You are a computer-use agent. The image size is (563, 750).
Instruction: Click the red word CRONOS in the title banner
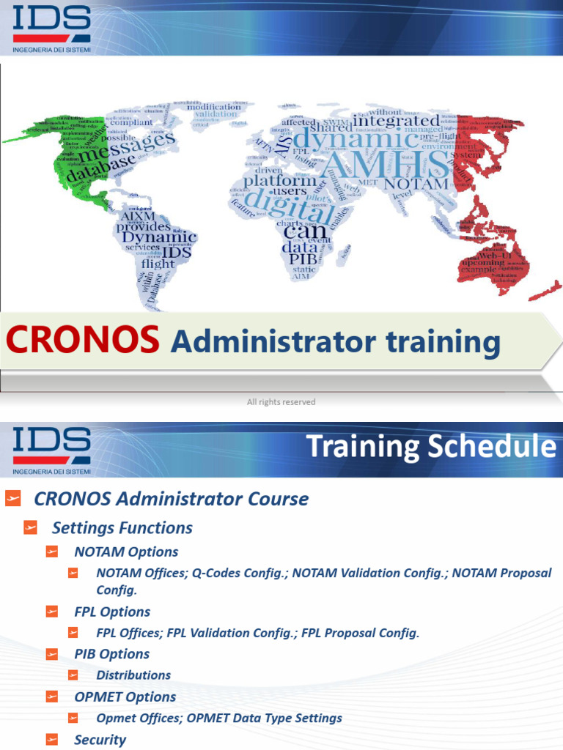(83, 340)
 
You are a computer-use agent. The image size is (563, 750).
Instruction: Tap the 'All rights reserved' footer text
(281, 401)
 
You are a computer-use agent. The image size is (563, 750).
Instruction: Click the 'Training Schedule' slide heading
(430, 447)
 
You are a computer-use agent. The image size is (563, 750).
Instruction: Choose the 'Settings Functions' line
(122, 527)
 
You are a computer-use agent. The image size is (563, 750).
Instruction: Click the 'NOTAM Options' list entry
(126, 552)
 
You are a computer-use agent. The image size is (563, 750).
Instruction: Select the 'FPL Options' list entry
(112, 612)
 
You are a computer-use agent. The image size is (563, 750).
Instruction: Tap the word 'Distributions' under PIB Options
(133, 675)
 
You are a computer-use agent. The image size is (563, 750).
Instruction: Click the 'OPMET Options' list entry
(125, 697)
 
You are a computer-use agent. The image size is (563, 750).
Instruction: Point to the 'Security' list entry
(100, 739)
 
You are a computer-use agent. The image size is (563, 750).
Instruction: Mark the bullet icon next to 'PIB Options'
(51, 654)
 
